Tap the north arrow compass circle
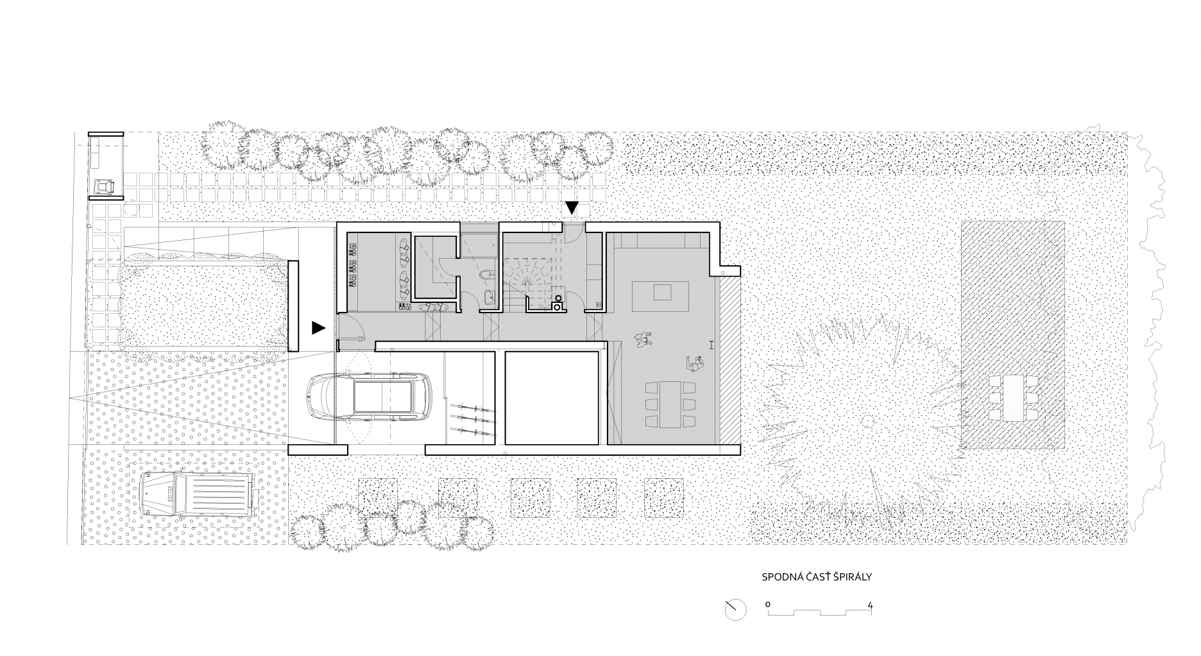coord(736,609)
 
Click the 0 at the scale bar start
coord(768,605)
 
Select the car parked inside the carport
coord(370,398)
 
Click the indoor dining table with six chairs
coord(670,404)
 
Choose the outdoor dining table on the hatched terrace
coord(1014,397)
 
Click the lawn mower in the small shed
coord(104,186)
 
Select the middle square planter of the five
coord(531,498)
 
